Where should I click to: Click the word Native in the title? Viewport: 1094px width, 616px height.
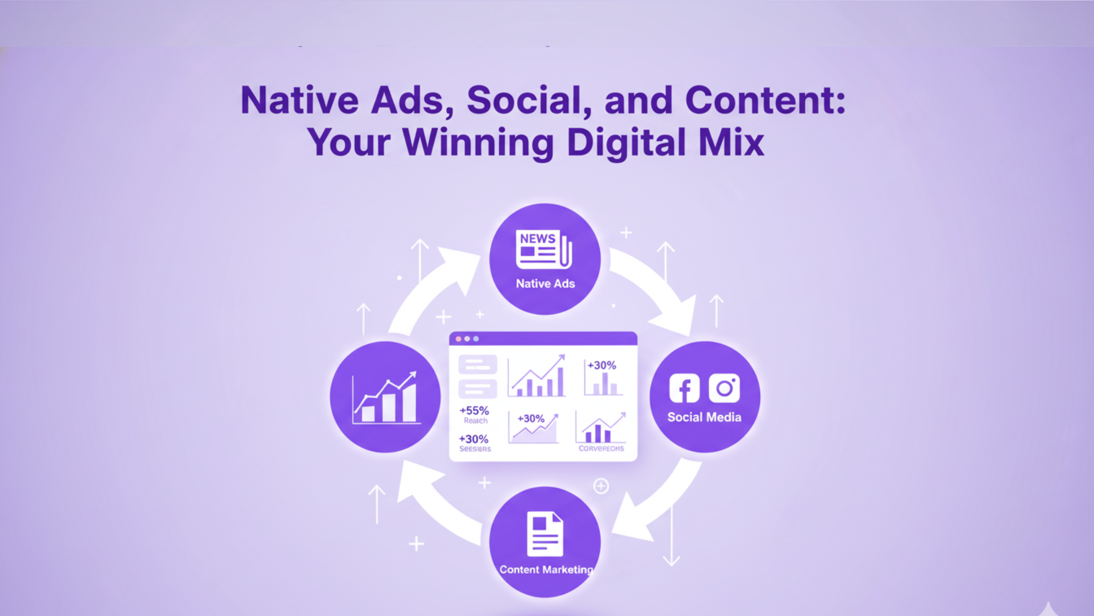click(299, 100)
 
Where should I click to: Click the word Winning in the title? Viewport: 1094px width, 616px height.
click(478, 142)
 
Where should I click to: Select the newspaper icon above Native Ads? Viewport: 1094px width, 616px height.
click(543, 249)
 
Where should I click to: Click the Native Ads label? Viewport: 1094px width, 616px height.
click(545, 284)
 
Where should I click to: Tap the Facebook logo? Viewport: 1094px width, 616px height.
click(684, 388)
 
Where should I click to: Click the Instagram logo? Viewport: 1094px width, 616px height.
click(724, 388)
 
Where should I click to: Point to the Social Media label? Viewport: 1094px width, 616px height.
click(704, 417)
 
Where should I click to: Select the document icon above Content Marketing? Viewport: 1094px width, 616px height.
click(545, 534)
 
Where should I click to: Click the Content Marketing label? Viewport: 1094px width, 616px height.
click(546, 570)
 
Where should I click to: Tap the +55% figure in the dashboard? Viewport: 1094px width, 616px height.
click(474, 410)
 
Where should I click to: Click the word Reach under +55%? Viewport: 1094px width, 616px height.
click(475, 420)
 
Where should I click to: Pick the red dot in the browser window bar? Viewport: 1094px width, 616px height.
click(458, 339)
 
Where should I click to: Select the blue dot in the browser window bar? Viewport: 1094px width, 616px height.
click(476, 339)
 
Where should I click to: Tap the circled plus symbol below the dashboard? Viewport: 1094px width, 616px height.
click(601, 486)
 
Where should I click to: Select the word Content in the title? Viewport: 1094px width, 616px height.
click(765, 100)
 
